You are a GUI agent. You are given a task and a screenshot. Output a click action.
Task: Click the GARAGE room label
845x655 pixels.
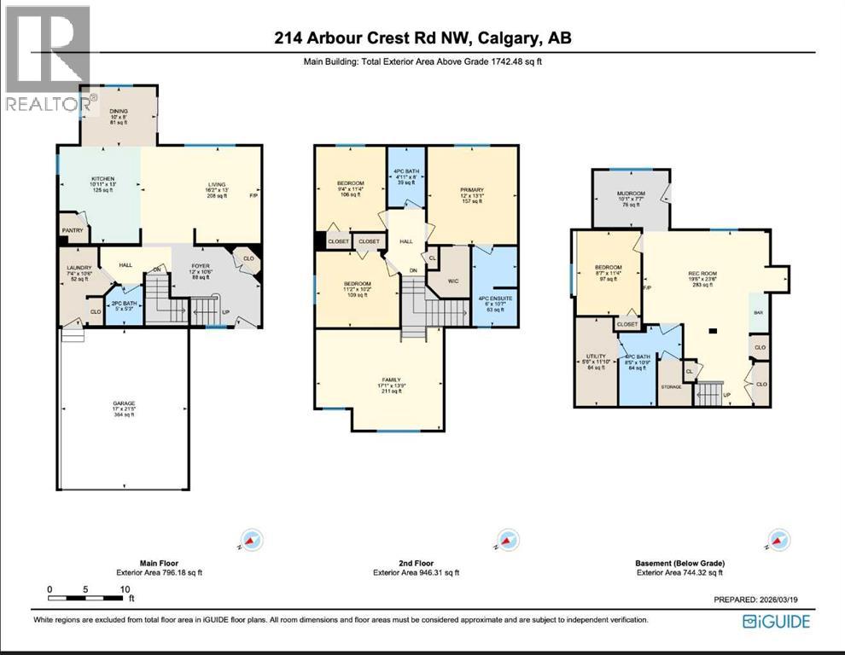(123, 403)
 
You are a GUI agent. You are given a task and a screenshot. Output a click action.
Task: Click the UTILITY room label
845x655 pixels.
(596, 356)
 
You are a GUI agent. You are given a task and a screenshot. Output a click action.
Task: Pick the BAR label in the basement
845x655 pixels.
(758, 313)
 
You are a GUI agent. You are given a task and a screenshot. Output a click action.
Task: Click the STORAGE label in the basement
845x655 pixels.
(672, 386)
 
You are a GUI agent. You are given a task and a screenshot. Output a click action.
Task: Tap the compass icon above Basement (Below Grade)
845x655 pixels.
(778, 540)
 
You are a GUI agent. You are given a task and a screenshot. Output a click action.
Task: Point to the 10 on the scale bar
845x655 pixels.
(125, 589)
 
